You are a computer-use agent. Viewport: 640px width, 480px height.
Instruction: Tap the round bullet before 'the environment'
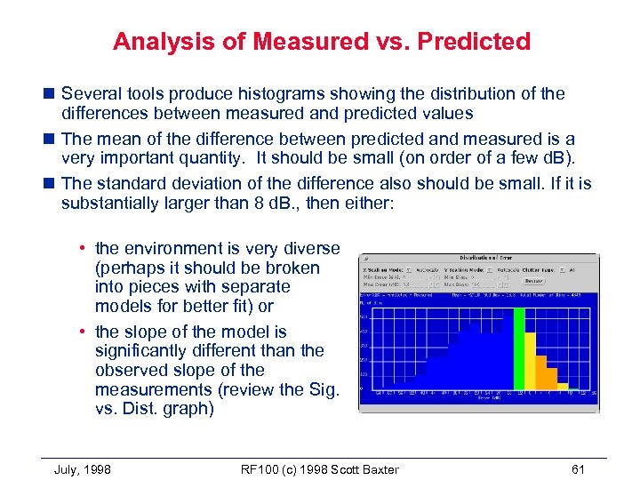coord(86,249)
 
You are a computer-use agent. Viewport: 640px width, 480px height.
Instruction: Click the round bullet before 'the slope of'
coord(86,332)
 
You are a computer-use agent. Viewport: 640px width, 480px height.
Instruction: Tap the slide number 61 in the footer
coord(579,469)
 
